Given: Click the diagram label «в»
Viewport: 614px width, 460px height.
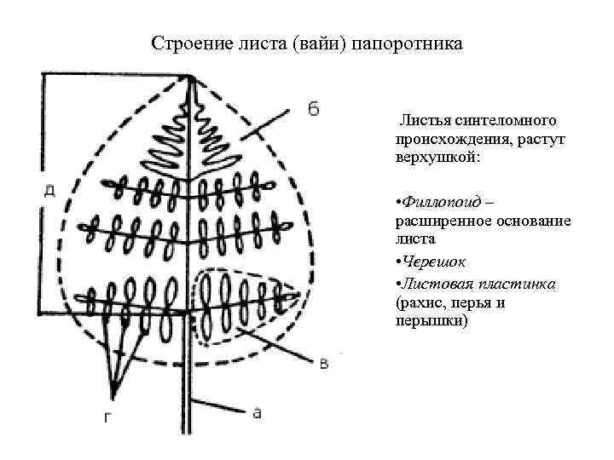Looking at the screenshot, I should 324,365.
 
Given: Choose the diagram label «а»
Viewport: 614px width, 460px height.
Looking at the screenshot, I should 256,412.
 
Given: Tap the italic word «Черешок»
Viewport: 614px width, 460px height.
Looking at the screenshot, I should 434,263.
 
